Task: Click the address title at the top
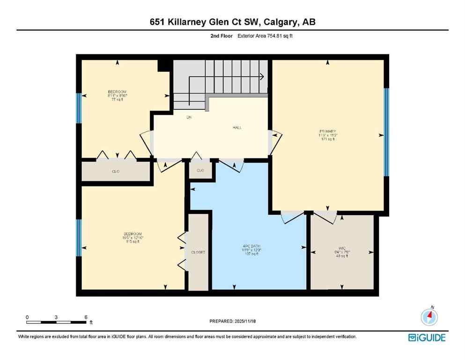(232, 22)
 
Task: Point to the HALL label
(237, 128)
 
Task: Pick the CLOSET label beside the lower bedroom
(198, 252)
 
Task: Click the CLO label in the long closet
(116, 172)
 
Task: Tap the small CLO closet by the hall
(200, 170)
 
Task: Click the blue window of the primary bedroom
(386, 132)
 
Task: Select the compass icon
(428, 317)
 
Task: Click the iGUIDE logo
(427, 337)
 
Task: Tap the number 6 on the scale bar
(86, 317)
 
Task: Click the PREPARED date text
(232, 321)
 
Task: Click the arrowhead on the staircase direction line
(262, 76)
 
